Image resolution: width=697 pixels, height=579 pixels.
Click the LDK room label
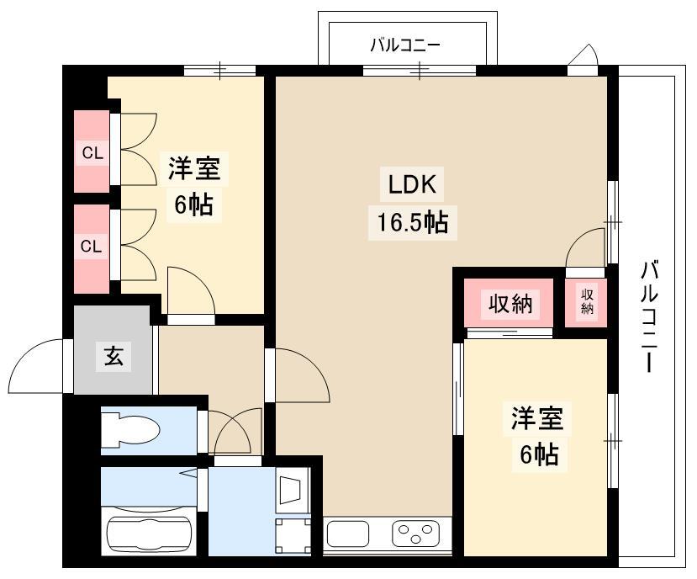(x=412, y=183)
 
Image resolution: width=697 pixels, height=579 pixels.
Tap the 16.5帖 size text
(x=412, y=222)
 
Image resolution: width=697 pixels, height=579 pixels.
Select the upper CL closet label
(x=92, y=153)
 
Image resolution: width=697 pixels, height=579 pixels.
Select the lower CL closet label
(x=91, y=246)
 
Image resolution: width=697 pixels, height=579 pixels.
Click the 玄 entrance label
(x=114, y=356)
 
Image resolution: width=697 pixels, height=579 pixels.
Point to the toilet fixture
(x=129, y=430)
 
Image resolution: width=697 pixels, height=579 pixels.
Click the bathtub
(x=148, y=531)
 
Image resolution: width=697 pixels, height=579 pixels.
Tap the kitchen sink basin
(x=348, y=534)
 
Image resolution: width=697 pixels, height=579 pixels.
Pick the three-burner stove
(x=415, y=534)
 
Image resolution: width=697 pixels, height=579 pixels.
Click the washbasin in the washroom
(x=293, y=490)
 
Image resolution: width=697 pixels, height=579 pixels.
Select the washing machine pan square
(x=293, y=535)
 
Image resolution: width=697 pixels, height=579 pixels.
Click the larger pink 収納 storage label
(x=510, y=304)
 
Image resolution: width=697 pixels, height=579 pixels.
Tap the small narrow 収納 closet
(x=586, y=302)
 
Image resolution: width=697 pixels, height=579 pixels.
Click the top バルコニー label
(x=405, y=45)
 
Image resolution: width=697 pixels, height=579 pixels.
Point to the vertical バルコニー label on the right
(x=648, y=316)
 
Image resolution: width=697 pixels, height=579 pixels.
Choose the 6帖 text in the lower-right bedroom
(x=539, y=454)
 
